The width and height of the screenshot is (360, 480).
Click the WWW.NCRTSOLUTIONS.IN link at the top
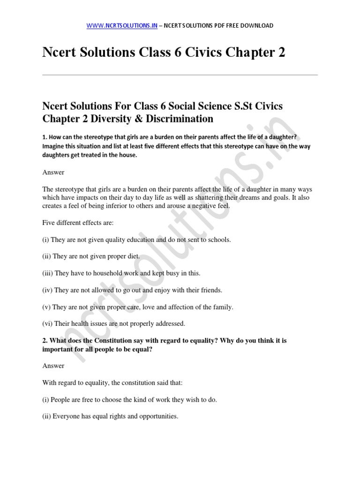[x=122, y=25]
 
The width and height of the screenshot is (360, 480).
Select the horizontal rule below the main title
[x=180, y=75]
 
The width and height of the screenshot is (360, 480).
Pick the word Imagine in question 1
[x=54, y=146]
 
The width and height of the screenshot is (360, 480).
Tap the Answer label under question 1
[x=53, y=172]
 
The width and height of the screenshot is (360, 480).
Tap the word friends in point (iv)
[x=210, y=290]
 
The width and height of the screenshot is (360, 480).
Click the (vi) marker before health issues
[x=48, y=323]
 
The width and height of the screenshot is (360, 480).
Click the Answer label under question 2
[x=53, y=365]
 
